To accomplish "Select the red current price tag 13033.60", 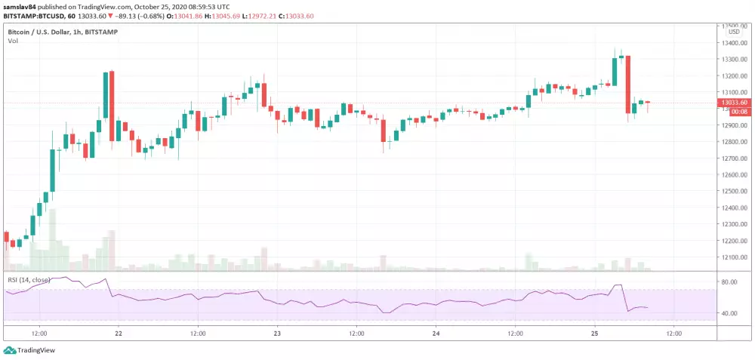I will tap(734, 102).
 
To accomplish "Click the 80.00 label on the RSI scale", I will tap(729, 282).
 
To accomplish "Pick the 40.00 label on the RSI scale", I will tap(729, 313).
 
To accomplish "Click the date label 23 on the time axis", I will tap(277, 333).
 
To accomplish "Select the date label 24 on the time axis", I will tap(436, 333).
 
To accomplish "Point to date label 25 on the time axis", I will tap(594, 333).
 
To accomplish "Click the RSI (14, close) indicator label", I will tap(29, 279).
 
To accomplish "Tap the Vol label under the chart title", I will tap(13, 41).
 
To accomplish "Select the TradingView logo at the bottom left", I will tap(23, 350).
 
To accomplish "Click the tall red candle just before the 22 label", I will tap(112, 106).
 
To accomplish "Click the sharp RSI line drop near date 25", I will tap(624, 298).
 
